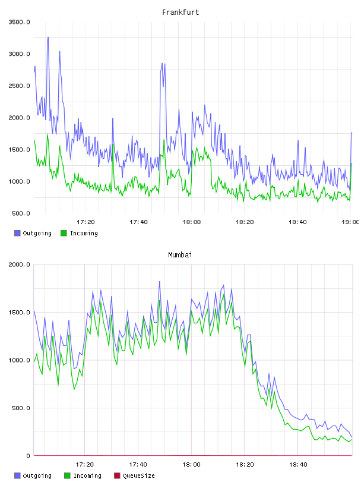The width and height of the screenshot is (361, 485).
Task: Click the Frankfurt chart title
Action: pyautogui.click(x=180, y=12)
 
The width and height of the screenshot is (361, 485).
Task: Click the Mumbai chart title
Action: pyautogui.click(x=180, y=255)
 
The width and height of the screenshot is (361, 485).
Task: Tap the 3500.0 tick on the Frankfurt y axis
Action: pyautogui.click(x=19, y=22)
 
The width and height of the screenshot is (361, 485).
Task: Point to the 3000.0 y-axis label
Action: pyautogui.click(x=19, y=54)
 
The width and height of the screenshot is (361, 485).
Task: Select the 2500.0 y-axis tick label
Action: pyautogui.click(x=19, y=86)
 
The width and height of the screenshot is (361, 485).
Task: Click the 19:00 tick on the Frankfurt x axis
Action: pyautogui.click(x=350, y=222)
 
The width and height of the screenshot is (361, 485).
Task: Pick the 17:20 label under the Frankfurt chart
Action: pyautogui.click(x=85, y=222)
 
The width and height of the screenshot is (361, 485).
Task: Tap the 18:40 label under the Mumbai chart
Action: pyautogui.click(x=298, y=464)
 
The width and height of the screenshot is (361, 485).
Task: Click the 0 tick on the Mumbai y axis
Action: pyautogui.click(x=28, y=456)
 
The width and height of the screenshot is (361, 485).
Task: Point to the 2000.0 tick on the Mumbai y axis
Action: pyautogui.click(x=19, y=264)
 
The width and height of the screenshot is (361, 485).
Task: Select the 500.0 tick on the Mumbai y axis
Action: pyautogui.click(x=21, y=408)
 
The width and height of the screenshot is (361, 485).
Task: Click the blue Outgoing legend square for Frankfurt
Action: pyautogui.click(x=17, y=233)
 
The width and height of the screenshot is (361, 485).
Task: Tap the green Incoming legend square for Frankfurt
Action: pyautogui.click(x=64, y=233)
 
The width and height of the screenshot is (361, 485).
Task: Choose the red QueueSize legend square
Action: pyautogui.click(x=117, y=475)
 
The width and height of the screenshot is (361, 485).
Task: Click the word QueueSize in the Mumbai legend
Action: pyautogui.click(x=138, y=475)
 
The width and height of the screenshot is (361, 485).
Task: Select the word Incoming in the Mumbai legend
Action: pyautogui.click(x=87, y=476)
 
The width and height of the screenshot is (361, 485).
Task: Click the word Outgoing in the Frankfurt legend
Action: pyautogui.click(x=37, y=234)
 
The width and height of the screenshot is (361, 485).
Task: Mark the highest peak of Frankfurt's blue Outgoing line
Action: pyautogui.click(x=48, y=37)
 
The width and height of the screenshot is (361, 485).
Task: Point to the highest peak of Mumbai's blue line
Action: pyautogui.click(x=160, y=282)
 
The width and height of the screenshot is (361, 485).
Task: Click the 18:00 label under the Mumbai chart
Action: pyautogui.click(x=191, y=464)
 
